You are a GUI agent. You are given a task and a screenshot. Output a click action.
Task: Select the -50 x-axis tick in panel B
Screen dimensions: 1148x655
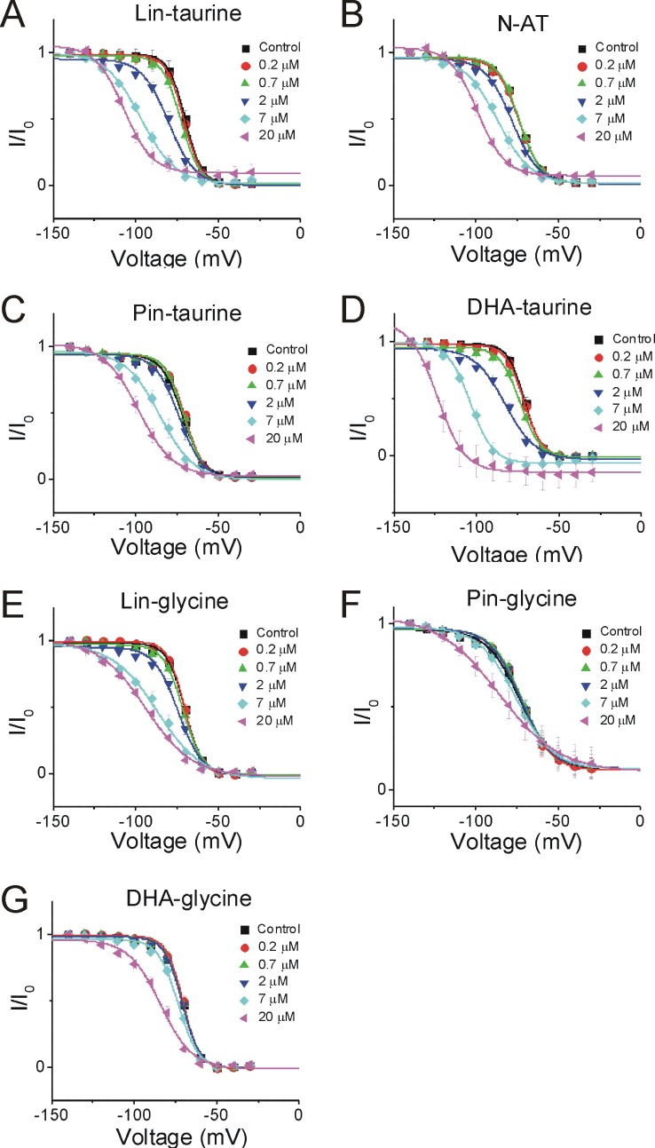tap(557, 235)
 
